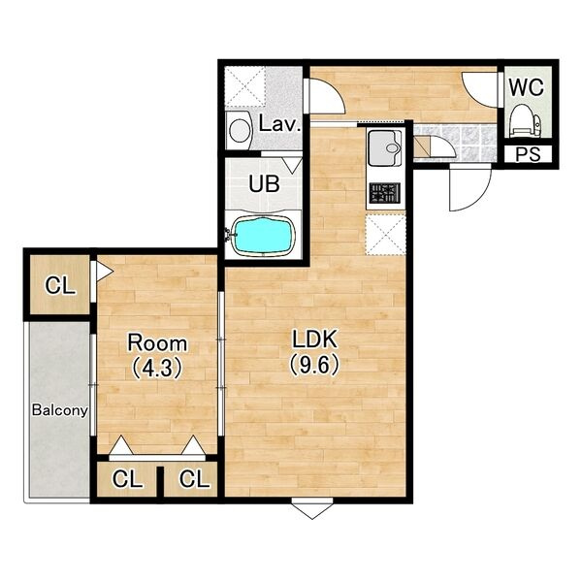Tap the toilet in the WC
coord(525,121)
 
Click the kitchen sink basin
coord(384,148)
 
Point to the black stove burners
coord(384,193)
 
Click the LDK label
coord(314,339)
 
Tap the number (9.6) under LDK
coord(314,365)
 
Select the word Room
coord(157,343)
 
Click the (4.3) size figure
coord(157,368)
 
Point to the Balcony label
coord(60,410)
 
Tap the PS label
coord(528,154)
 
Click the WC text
coord(527,87)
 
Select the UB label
coord(264,183)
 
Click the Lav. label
coord(279,124)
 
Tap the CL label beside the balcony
coord(60,286)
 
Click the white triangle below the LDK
coord(312,511)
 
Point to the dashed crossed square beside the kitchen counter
coord(385,235)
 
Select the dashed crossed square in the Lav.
coord(245,87)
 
